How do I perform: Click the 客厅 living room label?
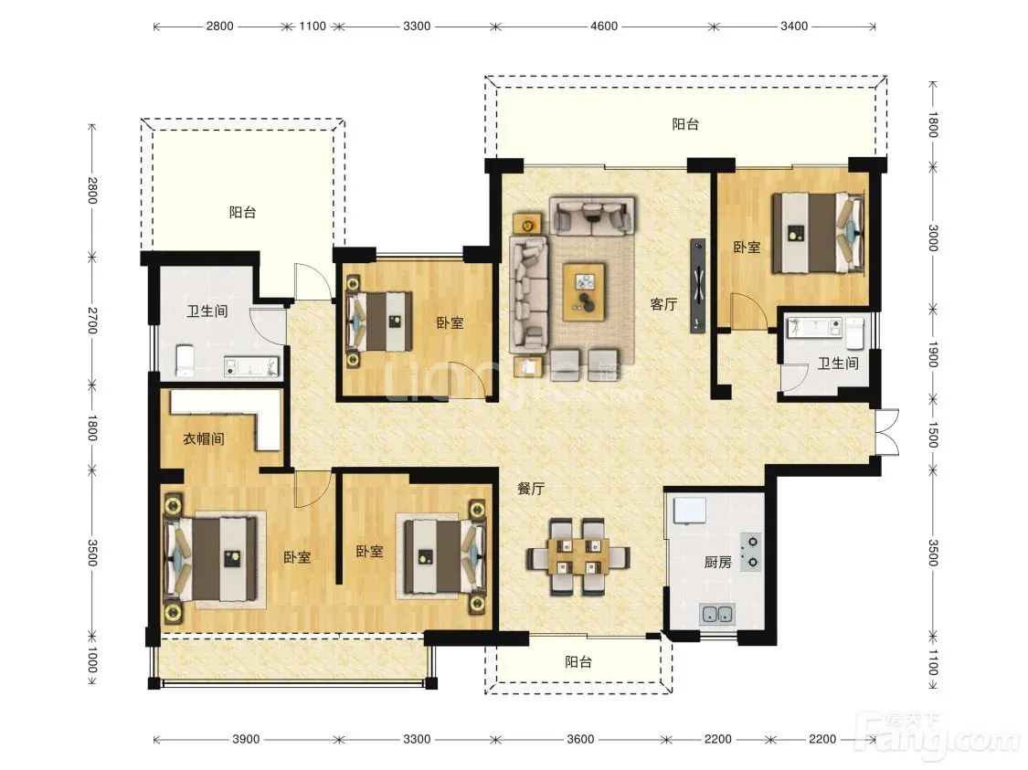663,304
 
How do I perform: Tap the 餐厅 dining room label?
531,488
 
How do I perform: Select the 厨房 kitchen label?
718,563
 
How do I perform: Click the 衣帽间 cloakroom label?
203,438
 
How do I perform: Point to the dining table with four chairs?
578,557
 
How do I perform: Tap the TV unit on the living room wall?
697,286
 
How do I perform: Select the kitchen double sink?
717,614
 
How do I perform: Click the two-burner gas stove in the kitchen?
751,552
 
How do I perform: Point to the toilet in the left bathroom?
185,361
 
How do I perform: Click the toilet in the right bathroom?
855,332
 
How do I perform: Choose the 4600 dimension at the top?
604,26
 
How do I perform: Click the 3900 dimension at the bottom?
246,739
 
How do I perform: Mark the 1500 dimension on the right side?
934,435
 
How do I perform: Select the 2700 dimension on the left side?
92,320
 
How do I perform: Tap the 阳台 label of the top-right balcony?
685,124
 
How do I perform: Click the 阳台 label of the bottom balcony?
578,662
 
